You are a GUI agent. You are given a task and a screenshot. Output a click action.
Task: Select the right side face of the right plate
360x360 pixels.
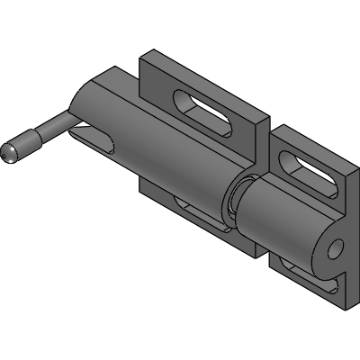[349, 225]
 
